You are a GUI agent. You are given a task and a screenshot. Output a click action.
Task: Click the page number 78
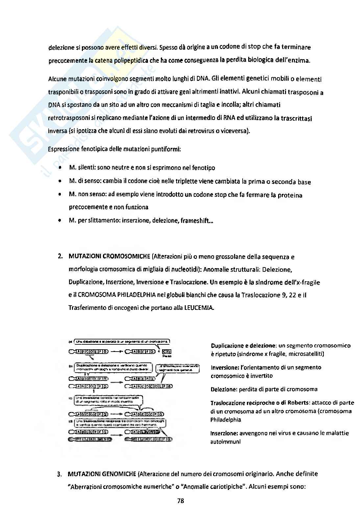tap(180, 501)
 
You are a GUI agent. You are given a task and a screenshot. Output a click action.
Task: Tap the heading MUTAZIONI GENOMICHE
tap(102, 474)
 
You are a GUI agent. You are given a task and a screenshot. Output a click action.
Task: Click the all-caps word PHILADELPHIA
tap(136, 295)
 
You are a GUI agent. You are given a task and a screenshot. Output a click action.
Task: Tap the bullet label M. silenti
tap(82, 168)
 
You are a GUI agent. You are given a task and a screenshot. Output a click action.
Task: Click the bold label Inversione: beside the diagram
tap(224, 367)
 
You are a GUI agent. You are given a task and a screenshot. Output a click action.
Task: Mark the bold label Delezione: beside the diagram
tap(224, 389)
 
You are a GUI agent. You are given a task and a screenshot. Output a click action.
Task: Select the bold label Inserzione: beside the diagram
tap(224, 433)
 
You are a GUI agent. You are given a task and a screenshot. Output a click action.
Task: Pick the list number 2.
tap(60, 257)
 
